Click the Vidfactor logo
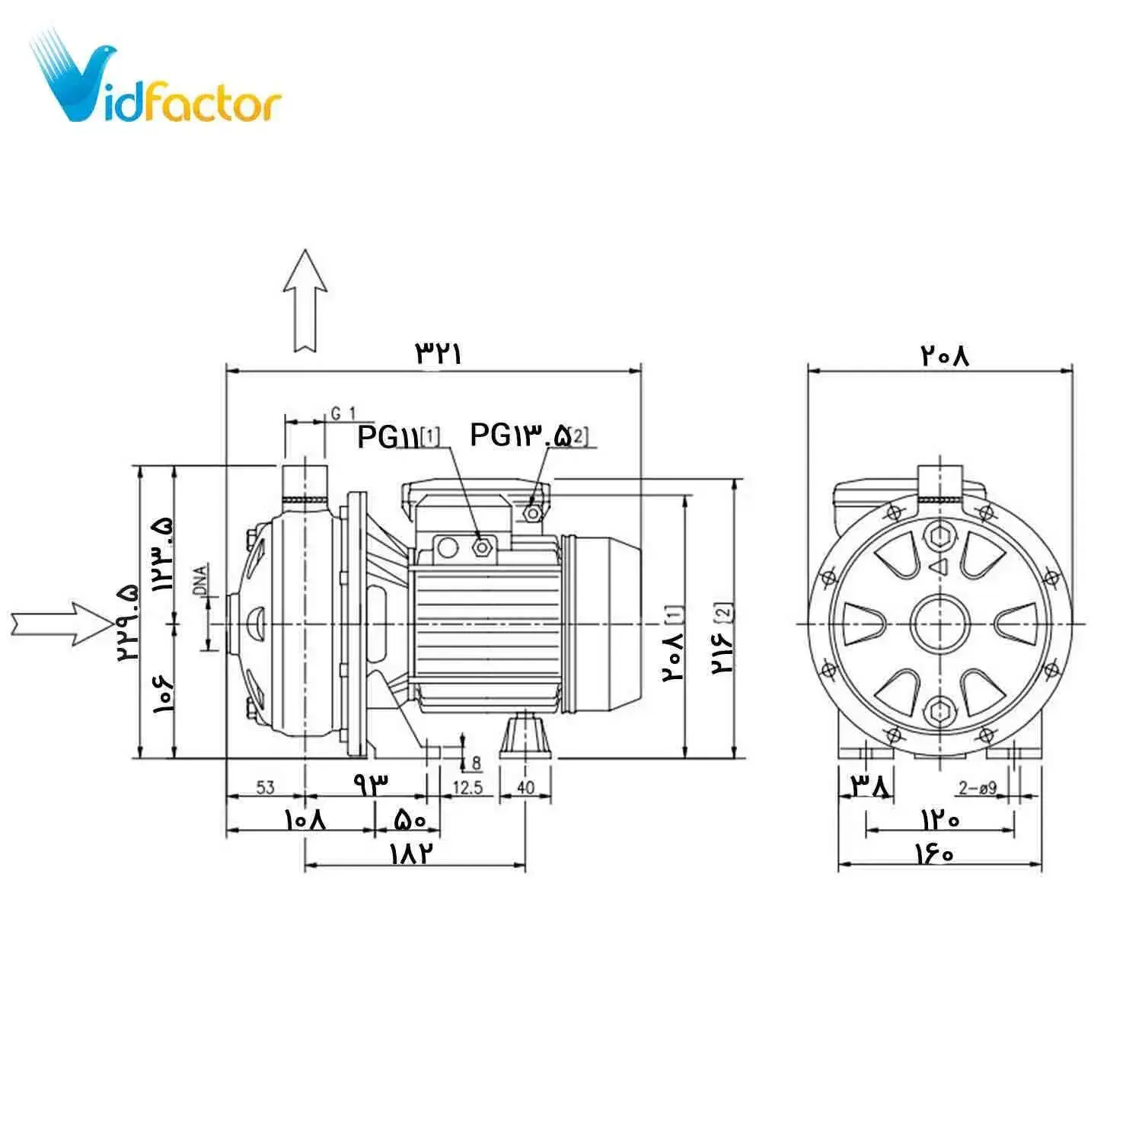[156, 80]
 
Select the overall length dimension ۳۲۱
[439, 353]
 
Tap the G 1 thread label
[343, 413]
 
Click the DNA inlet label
[199, 580]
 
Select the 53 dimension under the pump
[265, 786]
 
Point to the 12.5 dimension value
[467, 786]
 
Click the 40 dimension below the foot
[525, 786]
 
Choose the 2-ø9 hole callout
[978, 788]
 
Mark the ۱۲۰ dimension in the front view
[940, 819]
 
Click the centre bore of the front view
[940, 624]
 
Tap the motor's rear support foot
[525, 735]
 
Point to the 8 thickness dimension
[477, 762]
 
